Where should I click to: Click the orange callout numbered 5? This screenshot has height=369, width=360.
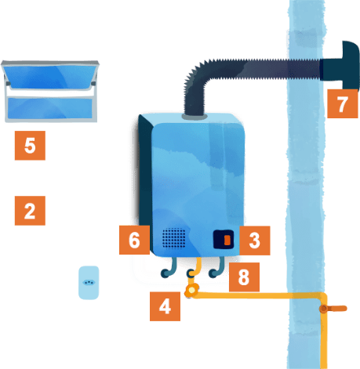[x=30, y=146]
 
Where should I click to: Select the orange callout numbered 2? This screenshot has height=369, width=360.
[x=30, y=211]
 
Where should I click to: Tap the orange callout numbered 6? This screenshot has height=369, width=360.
[x=134, y=240]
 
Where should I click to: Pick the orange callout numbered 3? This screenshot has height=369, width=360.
[x=255, y=241]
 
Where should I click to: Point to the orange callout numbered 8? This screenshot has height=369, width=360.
[x=244, y=277]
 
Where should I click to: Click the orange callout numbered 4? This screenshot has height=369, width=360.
[x=165, y=306]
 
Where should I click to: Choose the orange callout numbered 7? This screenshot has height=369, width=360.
[x=343, y=103]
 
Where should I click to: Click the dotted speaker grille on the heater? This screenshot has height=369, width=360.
[x=174, y=238]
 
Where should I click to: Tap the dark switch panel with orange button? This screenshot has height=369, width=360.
[x=224, y=239]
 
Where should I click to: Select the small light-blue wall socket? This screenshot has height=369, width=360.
[x=89, y=283]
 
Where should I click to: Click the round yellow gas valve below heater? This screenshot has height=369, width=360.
[x=191, y=291]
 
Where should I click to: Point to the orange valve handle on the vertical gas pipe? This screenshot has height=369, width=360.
[x=333, y=309]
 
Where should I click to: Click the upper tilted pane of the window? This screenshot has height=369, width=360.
[x=49, y=76]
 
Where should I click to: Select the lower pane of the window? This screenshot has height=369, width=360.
[x=49, y=108]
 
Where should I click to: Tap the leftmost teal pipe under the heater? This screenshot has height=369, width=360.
[x=169, y=269]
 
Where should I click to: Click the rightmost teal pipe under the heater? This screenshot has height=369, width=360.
[x=217, y=269]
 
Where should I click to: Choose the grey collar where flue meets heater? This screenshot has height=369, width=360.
[x=195, y=116]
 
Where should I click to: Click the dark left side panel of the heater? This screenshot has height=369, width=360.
[x=145, y=175]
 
